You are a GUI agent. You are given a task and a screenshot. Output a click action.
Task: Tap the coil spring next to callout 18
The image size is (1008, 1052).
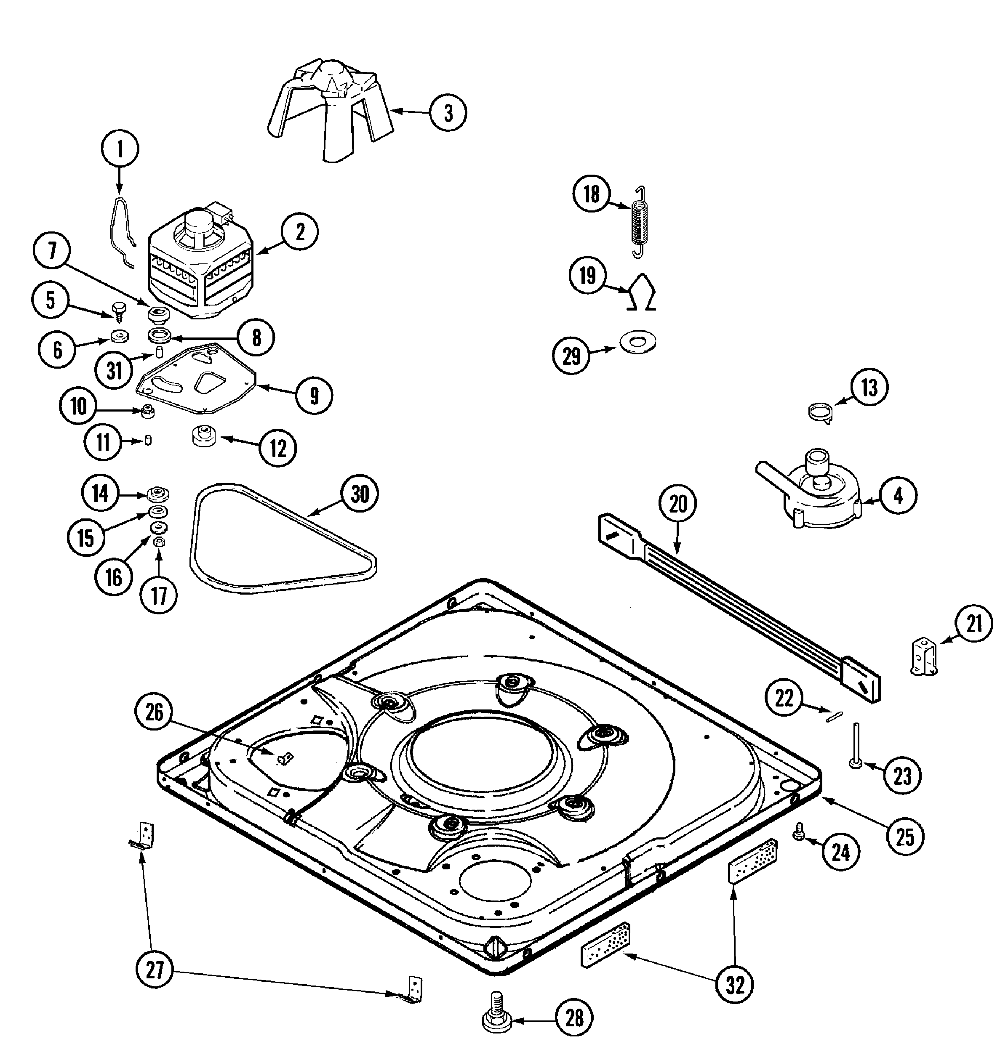(638, 222)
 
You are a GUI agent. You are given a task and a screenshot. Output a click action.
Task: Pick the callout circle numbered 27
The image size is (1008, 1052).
(154, 970)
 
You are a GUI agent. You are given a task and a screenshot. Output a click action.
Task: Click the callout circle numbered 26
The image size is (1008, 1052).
(154, 713)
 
